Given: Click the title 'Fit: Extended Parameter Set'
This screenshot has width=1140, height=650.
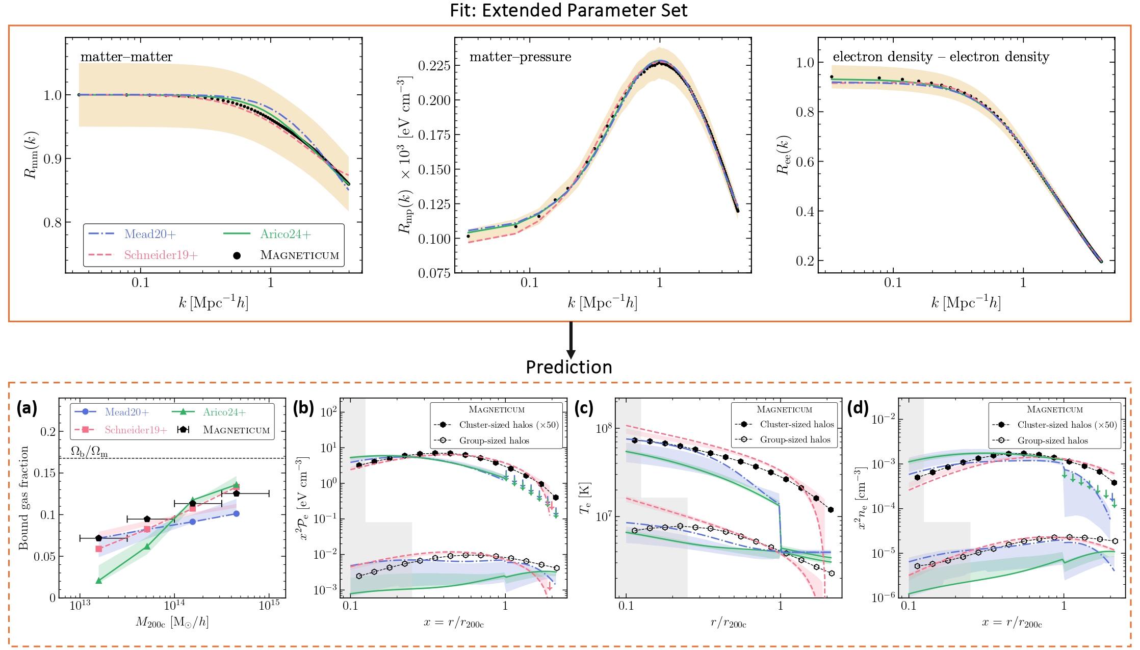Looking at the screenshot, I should pos(568,10).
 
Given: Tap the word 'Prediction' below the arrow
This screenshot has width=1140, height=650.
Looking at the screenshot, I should pos(568,367).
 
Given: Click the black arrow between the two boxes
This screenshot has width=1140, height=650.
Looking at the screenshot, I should pos(571,339).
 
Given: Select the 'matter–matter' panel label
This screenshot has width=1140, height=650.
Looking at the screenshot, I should pos(126,57).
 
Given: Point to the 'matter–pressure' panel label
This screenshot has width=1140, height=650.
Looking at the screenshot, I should pos(520,57).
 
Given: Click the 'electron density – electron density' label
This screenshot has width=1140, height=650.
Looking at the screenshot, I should pos(941,57).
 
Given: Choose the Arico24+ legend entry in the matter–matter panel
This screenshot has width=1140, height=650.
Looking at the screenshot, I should pos(285,234).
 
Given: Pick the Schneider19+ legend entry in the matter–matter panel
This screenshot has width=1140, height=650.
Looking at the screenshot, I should pos(161,255).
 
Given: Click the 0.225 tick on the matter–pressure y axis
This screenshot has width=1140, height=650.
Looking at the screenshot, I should pos(434,66).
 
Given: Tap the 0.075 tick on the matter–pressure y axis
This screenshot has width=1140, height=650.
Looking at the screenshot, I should pos(434,273).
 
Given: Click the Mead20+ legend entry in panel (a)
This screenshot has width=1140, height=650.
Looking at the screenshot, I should pos(126,412).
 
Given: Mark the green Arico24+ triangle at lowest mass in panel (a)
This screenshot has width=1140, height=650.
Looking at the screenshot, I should pos(99,580).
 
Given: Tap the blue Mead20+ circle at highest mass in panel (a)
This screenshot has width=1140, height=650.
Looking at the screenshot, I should pos(236,513).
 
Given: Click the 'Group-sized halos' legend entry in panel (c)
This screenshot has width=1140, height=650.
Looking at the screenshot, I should pos(795,439).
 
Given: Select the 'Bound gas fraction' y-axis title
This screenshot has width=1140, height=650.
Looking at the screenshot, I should pos(23,498).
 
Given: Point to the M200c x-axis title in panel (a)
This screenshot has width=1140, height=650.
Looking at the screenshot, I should pos(172,622).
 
